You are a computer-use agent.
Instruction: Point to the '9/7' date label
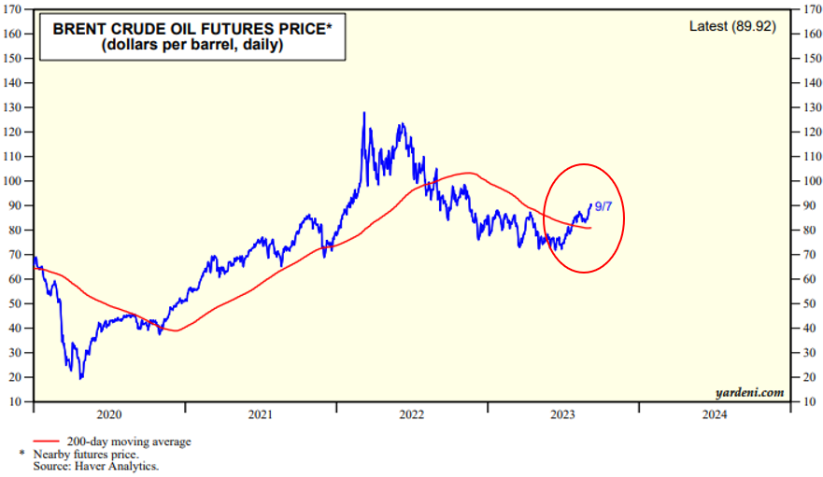603,205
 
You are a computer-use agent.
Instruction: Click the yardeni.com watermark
751,392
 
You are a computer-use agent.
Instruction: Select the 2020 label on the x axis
108,414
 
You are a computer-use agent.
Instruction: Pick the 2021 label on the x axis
260,414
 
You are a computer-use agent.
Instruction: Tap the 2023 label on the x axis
562,414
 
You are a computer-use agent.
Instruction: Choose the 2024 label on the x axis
714,414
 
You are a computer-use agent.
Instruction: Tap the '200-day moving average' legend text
129,442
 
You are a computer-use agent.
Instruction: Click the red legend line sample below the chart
47,442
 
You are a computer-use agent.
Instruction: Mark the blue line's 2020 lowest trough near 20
81,378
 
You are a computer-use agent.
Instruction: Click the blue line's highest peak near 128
363,113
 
